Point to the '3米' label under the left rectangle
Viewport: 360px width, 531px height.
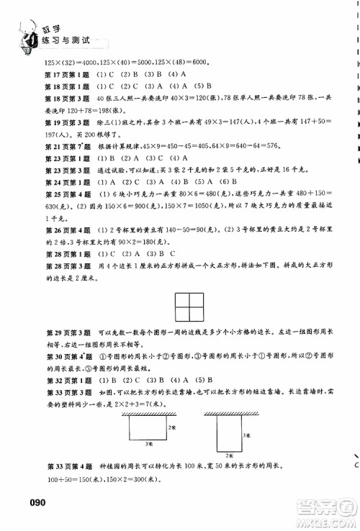click(x=149, y=445)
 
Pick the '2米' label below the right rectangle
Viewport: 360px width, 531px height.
click(x=228, y=455)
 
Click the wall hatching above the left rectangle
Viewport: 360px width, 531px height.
click(x=149, y=413)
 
